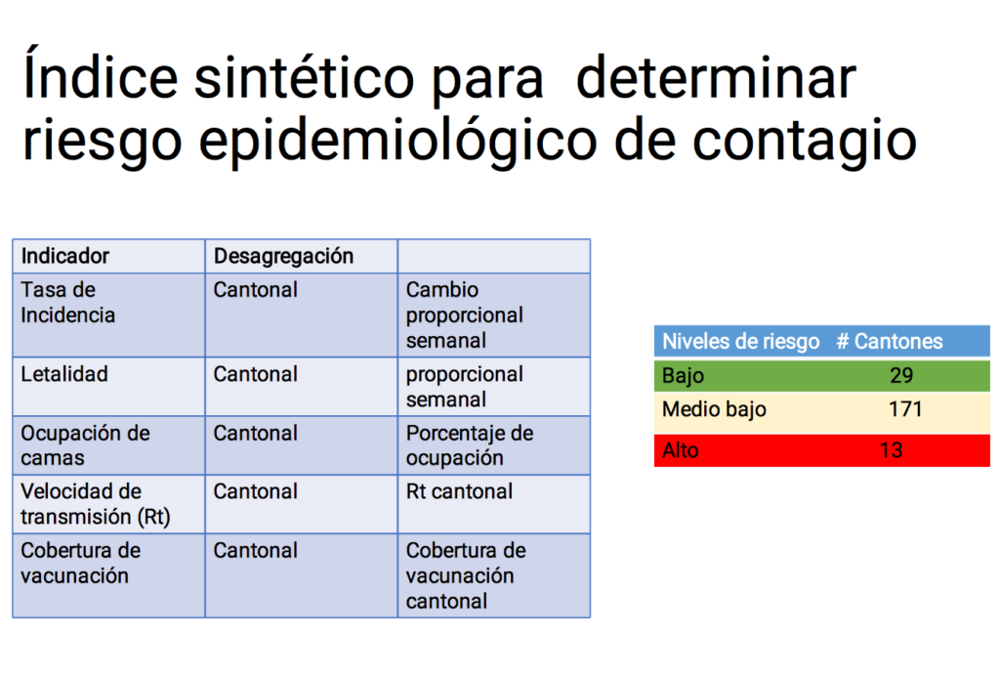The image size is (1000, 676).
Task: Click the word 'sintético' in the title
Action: tap(305, 78)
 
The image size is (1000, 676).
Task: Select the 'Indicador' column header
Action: tap(65, 256)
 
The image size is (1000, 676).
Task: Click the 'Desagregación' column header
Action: tap(283, 256)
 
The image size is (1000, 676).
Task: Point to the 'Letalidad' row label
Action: tap(63, 374)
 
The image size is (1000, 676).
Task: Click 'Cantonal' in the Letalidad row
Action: tap(255, 374)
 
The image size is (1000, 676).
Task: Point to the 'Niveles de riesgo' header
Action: tap(740, 342)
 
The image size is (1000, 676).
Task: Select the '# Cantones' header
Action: tap(889, 342)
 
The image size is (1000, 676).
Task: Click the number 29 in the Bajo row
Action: tap(901, 376)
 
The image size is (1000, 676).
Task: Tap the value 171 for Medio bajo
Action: tap(905, 408)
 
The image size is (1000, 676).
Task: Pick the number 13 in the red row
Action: tap(891, 451)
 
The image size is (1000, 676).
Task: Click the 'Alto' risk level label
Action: tap(680, 451)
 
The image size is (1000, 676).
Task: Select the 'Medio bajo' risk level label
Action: tap(714, 409)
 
